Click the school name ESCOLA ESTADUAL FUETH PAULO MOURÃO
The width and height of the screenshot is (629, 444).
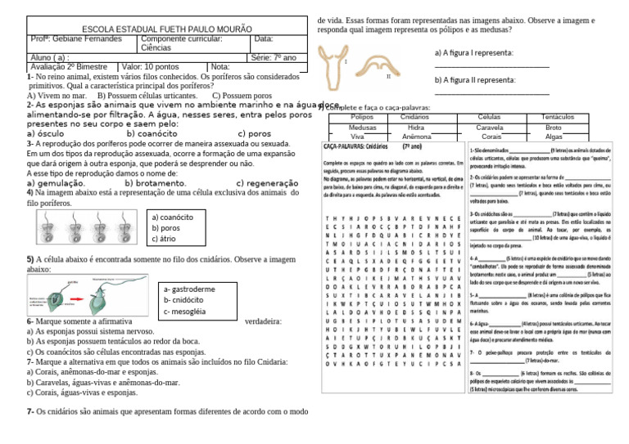(156, 29)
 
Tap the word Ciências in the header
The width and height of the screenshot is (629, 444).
(156, 48)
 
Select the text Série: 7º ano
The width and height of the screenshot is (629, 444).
(274, 57)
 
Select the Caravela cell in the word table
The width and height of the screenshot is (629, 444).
(489, 128)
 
